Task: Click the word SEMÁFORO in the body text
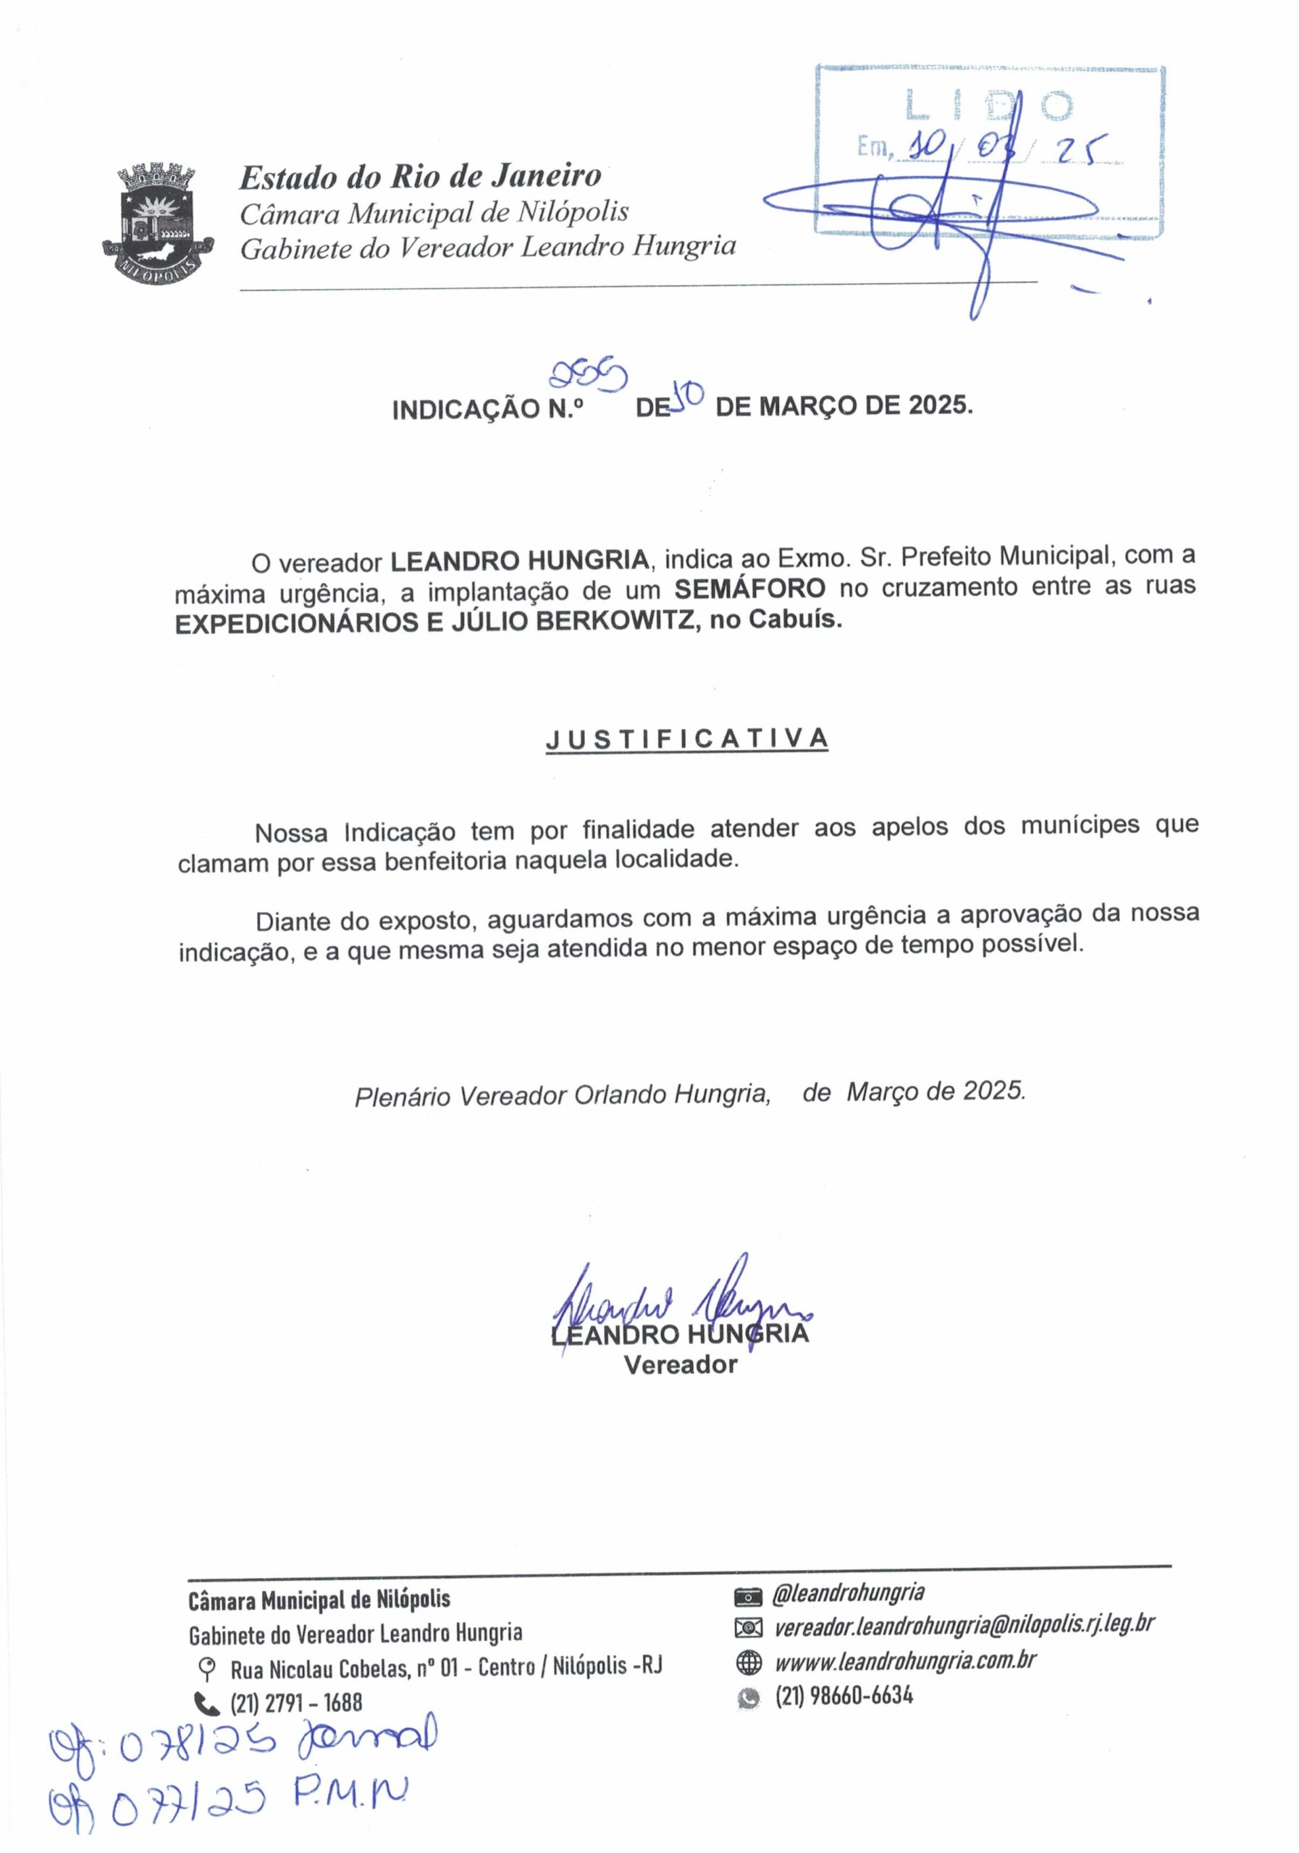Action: [x=749, y=588]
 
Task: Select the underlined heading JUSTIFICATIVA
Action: [x=686, y=738]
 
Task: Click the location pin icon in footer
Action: [x=208, y=1666]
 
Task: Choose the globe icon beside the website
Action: [x=749, y=1661]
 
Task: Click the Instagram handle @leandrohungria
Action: [x=848, y=1593]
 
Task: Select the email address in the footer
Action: [x=964, y=1626]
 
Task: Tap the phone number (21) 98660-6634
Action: [x=844, y=1694]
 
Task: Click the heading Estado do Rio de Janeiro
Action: [x=420, y=176]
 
